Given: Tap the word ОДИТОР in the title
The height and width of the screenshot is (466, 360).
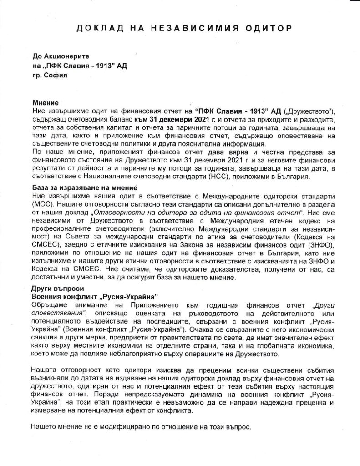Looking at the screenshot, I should [264, 29].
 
